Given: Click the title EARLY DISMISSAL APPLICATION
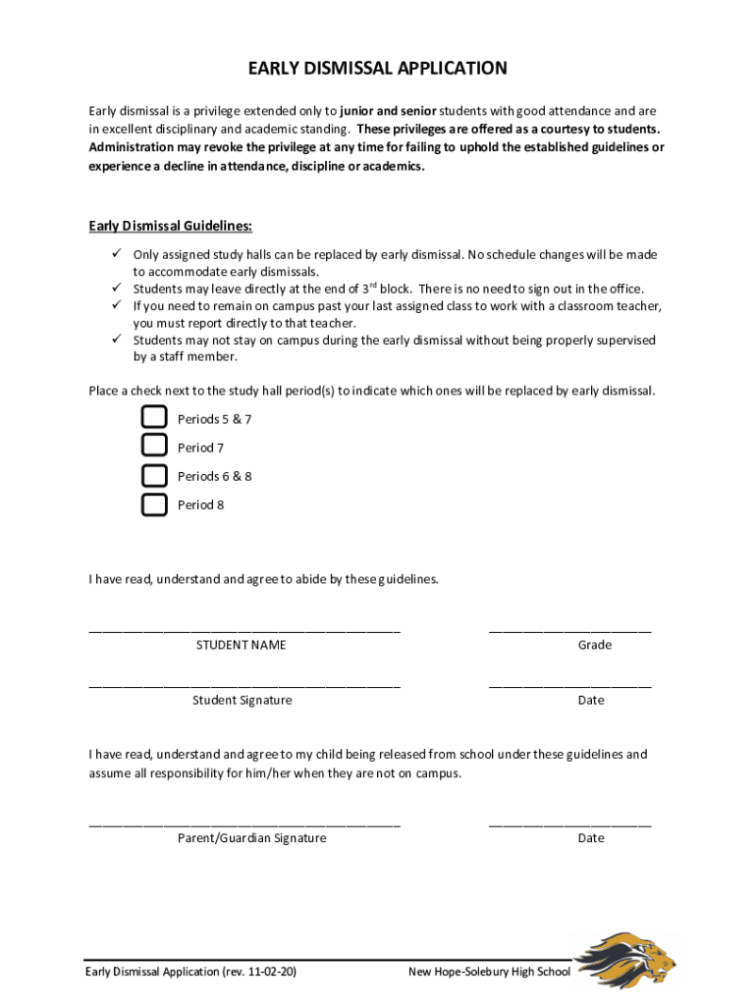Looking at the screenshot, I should click(377, 69).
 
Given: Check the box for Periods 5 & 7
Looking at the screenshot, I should click(154, 418).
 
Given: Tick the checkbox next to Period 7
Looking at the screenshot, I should click(154, 447).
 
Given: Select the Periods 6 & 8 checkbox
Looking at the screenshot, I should click(154, 476).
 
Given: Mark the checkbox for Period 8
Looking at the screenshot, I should click(154, 504).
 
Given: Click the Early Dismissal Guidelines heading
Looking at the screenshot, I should click(170, 227).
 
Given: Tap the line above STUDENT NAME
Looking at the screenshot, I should click(243, 630).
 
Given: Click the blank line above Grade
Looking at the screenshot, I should click(569, 630).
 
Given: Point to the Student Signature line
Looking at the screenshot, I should click(243, 685).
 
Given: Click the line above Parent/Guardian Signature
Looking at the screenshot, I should click(243, 823).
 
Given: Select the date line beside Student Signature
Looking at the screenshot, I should click(569, 685).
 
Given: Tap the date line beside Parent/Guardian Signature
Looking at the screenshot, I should click(569, 823).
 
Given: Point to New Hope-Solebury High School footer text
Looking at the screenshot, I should click(488, 972).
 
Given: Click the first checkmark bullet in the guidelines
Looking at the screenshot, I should click(114, 254).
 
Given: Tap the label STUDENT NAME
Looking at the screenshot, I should click(241, 645).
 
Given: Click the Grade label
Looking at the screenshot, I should click(594, 645).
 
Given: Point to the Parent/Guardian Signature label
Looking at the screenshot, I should click(251, 838).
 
